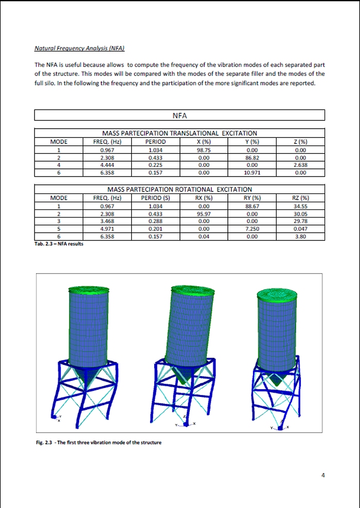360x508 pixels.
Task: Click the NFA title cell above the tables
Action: pos(179,115)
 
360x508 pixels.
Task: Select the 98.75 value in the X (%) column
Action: pos(204,150)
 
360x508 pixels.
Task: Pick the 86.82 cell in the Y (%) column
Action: pos(253,158)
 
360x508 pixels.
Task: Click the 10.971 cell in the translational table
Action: pos(253,173)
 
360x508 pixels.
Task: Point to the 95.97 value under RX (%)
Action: pos(204,213)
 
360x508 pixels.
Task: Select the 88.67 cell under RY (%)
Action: pos(253,206)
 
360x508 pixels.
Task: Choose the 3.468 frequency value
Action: pos(107,221)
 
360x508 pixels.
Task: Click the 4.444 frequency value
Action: pos(107,165)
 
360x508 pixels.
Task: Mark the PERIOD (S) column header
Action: pos(155,198)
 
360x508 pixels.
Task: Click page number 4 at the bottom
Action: pos(323,475)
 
